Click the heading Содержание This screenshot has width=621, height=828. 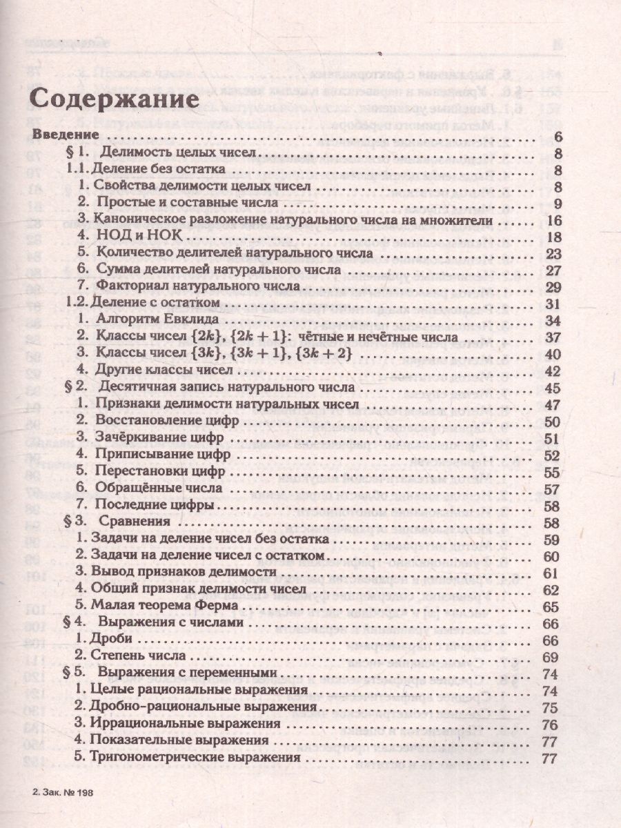tap(117, 98)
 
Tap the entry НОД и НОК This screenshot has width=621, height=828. tap(124, 236)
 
